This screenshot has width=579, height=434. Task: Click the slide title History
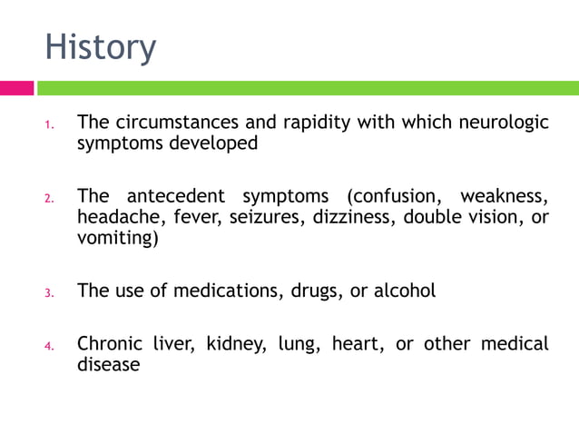(101, 46)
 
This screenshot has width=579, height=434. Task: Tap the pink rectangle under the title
(16, 88)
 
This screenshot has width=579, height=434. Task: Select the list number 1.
(50, 124)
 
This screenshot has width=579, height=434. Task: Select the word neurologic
(503, 123)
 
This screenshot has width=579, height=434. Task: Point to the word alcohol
(404, 291)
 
